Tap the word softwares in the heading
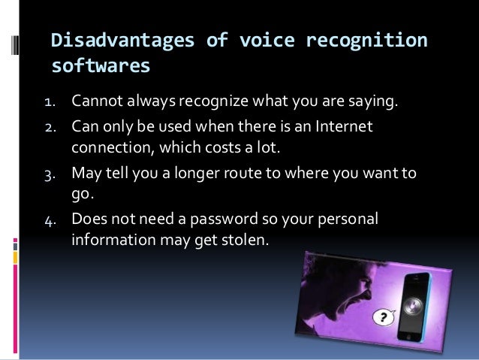click(x=101, y=67)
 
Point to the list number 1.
click(x=55, y=99)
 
